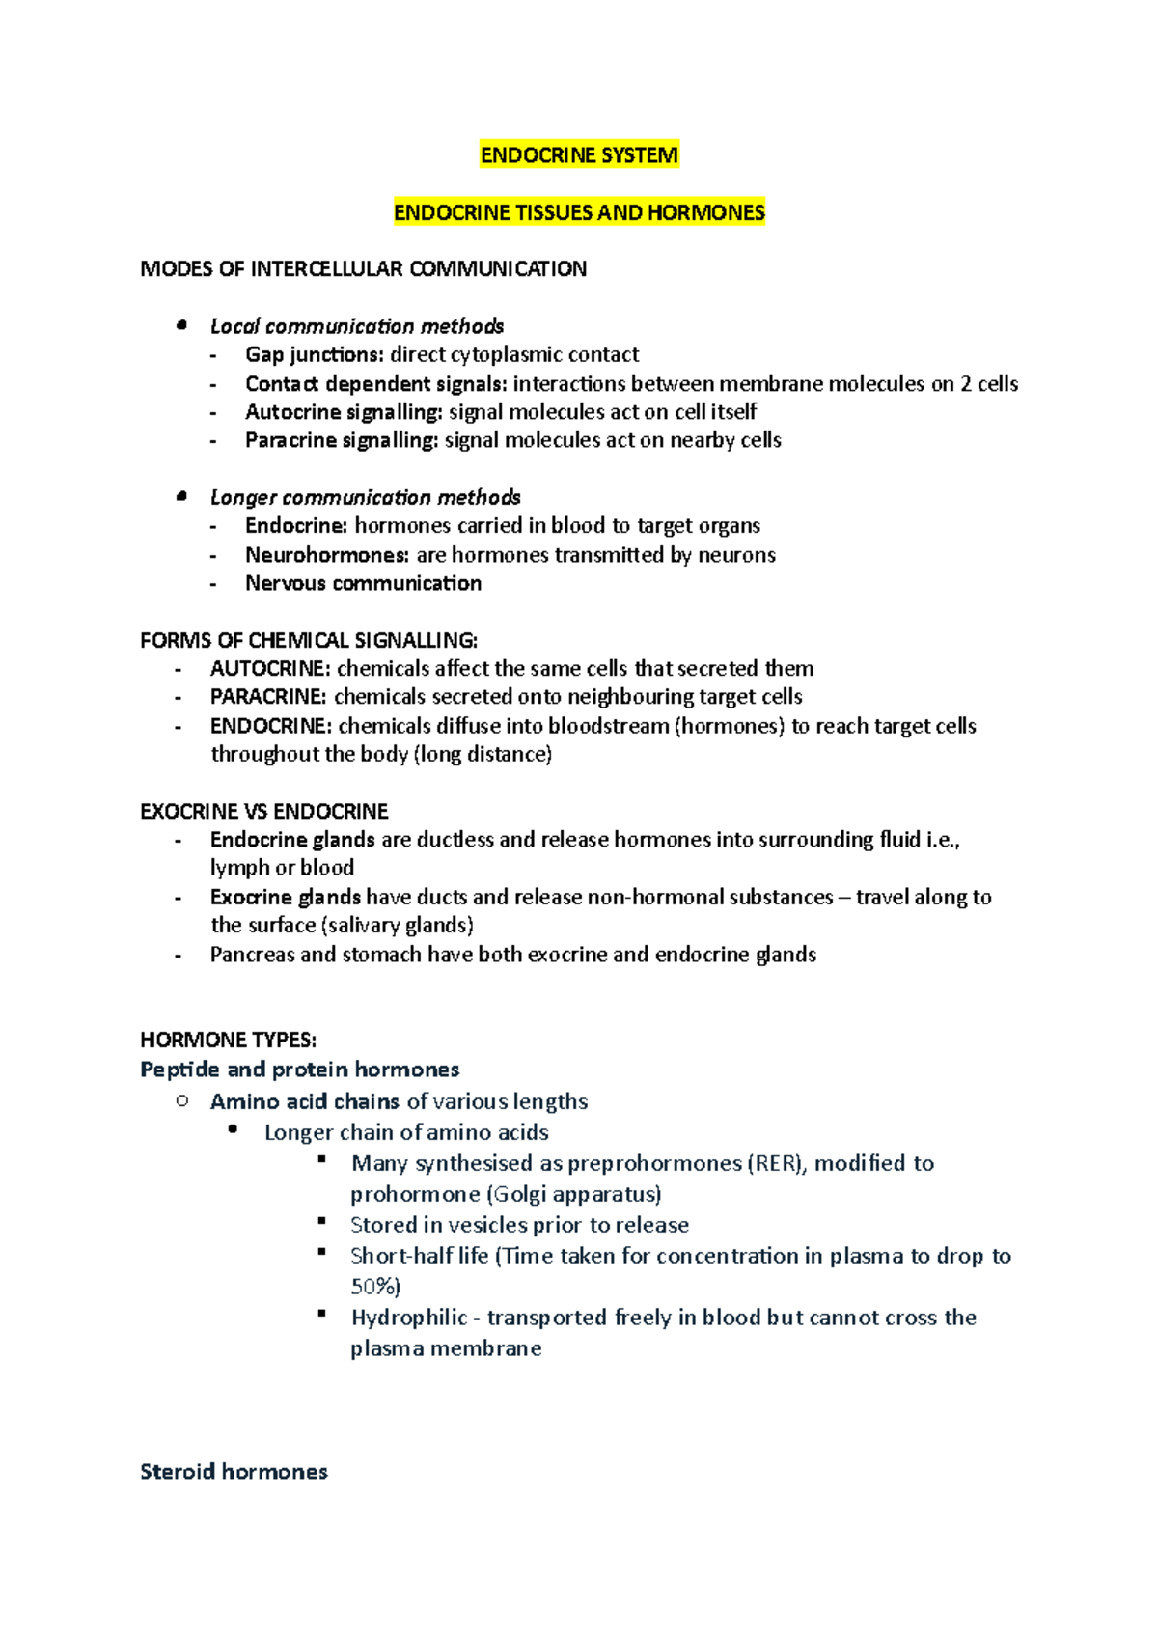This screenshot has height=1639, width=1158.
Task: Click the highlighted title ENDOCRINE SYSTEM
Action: [x=579, y=155]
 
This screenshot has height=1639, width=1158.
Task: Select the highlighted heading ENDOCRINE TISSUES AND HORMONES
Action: [x=579, y=212]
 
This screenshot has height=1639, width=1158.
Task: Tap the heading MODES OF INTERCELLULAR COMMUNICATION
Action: [x=363, y=269]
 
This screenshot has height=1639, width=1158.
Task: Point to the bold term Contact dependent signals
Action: [x=375, y=384]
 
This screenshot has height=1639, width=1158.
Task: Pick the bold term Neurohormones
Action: [x=327, y=555]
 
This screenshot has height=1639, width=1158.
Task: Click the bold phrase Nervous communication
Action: [x=363, y=583]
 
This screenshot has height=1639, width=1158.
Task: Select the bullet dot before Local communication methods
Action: [x=180, y=325]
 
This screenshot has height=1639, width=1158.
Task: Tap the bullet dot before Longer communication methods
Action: [x=180, y=496]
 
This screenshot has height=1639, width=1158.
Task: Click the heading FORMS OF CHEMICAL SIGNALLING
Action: [x=309, y=640]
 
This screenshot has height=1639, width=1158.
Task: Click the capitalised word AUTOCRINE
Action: [x=270, y=669]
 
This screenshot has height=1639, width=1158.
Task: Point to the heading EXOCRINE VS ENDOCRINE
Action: [x=264, y=811]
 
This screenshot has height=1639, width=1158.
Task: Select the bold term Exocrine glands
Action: [x=286, y=897]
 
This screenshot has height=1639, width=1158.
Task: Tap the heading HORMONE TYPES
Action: [x=228, y=1040]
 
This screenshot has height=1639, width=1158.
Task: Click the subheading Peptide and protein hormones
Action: [x=299, y=1070]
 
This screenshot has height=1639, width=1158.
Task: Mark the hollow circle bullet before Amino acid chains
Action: [x=181, y=1100]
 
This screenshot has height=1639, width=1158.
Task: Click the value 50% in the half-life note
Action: [x=372, y=1287]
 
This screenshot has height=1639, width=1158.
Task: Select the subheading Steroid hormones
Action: [x=234, y=1472]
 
